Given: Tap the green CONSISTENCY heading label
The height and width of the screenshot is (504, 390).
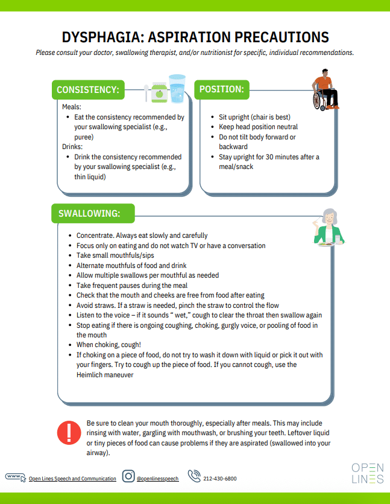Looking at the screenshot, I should (88, 90).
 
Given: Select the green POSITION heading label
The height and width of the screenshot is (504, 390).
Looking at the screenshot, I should (222, 89).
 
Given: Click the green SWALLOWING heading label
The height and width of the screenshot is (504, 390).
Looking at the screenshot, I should (89, 213).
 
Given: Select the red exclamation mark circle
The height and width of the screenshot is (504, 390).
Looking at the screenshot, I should (68, 433).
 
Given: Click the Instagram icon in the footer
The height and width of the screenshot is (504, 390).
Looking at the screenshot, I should (128, 476).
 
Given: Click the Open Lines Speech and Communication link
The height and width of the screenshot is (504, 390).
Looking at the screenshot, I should (72, 479).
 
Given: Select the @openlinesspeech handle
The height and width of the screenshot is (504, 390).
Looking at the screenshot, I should (157, 479).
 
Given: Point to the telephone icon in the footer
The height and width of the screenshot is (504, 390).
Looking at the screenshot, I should (194, 476).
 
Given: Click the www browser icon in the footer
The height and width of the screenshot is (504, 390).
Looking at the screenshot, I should (16, 477).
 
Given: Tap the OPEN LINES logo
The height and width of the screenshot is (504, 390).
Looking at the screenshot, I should (367, 473).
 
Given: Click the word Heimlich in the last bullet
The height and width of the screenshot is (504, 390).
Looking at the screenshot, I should (91, 375).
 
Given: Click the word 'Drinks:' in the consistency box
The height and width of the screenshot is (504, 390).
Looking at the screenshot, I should (74, 147).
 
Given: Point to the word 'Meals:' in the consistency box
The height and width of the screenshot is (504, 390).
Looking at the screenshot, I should (72, 107).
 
